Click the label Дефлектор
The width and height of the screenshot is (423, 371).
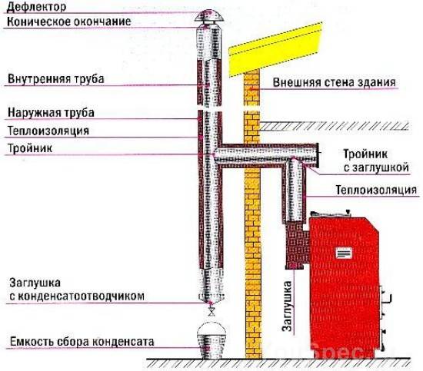pyautogui.click(x=36, y=7)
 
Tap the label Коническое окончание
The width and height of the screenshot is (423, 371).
pyautogui.click(x=69, y=22)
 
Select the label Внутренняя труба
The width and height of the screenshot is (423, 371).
pyautogui.click(x=56, y=79)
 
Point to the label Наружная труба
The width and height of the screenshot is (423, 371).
pyautogui.click(x=51, y=112)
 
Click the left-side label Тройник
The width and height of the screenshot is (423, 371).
pyautogui.click(x=30, y=148)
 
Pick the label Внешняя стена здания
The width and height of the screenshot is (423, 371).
pyautogui.click(x=335, y=82)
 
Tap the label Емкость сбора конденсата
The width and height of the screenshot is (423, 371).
pyautogui.click(x=82, y=342)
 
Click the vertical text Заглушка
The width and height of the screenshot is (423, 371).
pyautogui.click(x=287, y=306)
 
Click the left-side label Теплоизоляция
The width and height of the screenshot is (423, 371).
pyautogui.click(x=48, y=131)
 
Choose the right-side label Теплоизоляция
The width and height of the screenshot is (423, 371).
pyautogui.click(x=376, y=190)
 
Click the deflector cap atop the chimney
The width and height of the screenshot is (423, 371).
pyautogui.click(x=208, y=16)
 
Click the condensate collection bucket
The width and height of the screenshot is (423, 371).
pyautogui.click(x=211, y=341)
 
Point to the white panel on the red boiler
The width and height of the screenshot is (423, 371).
pyautogui.click(x=344, y=253)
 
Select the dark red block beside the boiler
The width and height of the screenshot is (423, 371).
pyautogui.click(x=298, y=245)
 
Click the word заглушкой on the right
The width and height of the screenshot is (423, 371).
pyautogui.click(x=376, y=167)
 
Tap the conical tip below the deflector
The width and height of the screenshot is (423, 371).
pyautogui.click(x=208, y=28)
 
